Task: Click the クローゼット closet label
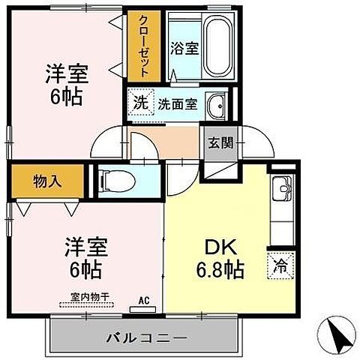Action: coord(143,45)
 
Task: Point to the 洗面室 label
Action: coord(178,105)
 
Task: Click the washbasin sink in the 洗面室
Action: coord(217,104)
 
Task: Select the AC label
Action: coord(144,300)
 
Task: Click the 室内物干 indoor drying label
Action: coord(84,297)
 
